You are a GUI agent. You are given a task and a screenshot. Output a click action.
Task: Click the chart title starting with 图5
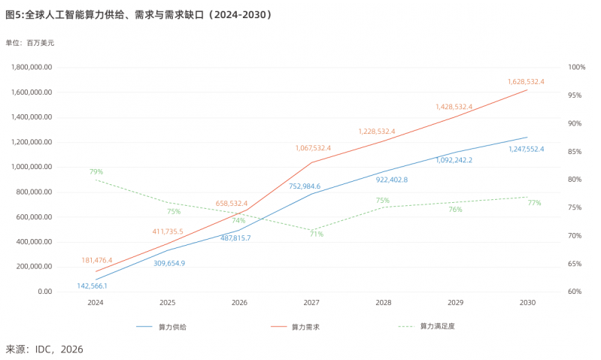[138, 14]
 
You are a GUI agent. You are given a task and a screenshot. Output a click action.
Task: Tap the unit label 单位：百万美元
[30, 43]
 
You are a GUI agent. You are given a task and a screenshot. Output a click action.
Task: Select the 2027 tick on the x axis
[311, 303]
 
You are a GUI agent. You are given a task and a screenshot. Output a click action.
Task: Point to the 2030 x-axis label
[527, 303]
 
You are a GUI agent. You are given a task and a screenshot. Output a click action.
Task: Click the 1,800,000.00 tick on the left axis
[32, 67]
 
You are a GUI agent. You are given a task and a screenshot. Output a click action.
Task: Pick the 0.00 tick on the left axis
[45, 292]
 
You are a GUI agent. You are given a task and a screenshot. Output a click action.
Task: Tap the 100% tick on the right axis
[576, 67]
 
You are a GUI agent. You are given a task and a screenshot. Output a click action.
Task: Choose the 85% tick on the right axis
[575, 152]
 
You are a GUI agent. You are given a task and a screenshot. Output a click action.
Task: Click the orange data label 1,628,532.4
[526, 82]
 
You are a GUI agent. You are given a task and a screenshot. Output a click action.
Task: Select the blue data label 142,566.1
[92, 286]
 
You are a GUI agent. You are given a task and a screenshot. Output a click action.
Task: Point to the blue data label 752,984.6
[305, 186]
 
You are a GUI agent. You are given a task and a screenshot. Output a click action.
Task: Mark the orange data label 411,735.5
[168, 231]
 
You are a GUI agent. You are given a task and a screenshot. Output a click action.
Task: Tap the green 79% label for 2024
[96, 171]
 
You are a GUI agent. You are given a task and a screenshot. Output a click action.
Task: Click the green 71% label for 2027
[317, 234]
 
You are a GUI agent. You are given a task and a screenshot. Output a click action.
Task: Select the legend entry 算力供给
[162, 327]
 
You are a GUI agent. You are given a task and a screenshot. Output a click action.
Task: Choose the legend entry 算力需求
[295, 327]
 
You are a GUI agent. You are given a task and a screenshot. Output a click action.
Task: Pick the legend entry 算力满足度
[426, 326]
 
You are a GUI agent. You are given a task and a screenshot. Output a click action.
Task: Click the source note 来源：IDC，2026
[44, 349]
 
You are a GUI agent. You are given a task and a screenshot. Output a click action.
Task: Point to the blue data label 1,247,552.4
[527, 149]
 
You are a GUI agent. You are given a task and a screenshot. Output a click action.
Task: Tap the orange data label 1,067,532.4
[313, 148]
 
